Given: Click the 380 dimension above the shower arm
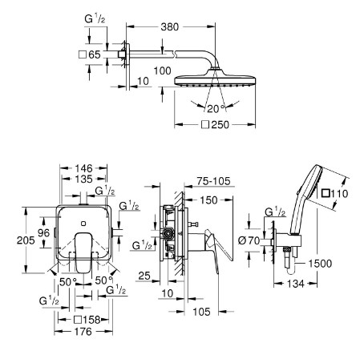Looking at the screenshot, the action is (x=170, y=27).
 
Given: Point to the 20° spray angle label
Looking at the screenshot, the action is (x=216, y=109).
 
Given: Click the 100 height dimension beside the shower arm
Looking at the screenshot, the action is (x=162, y=71).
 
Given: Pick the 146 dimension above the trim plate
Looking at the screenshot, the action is (x=83, y=168).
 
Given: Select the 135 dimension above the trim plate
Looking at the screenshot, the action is (x=83, y=179).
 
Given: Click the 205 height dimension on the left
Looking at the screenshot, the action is (x=26, y=240).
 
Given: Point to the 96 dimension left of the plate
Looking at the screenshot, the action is (x=43, y=233).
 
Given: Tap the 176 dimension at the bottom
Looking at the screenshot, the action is (x=83, y=332).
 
